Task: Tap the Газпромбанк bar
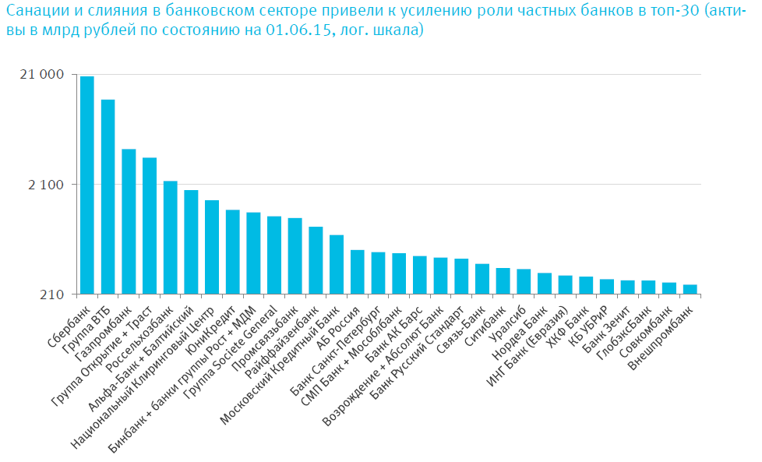pos(129,221)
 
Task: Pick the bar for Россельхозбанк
pos(170,237)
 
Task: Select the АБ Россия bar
pos(357,272)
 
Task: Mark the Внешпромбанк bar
pos(690,289)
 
